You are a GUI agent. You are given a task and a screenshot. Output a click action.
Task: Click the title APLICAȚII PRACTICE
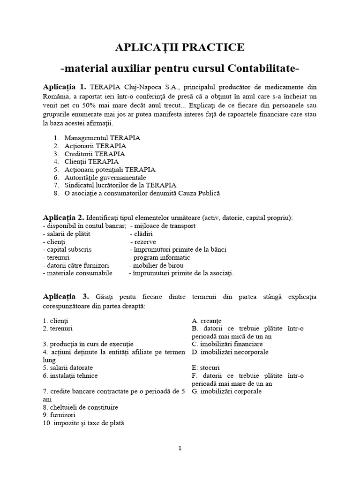point(180,47)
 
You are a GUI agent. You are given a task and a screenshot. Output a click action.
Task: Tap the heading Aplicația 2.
point(63,217)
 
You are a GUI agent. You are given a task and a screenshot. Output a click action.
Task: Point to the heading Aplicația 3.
point(65,297)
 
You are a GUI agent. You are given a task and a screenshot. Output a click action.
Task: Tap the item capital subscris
point(65,250)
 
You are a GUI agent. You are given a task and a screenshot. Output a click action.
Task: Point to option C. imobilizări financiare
point(227,344)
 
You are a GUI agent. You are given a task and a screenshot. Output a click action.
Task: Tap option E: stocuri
point(206,367)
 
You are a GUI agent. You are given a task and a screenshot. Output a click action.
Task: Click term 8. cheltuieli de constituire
point(80,407)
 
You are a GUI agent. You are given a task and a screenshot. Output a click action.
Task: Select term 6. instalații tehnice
point(70,375)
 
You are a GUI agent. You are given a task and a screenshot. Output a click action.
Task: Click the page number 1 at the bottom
point(180,448)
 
